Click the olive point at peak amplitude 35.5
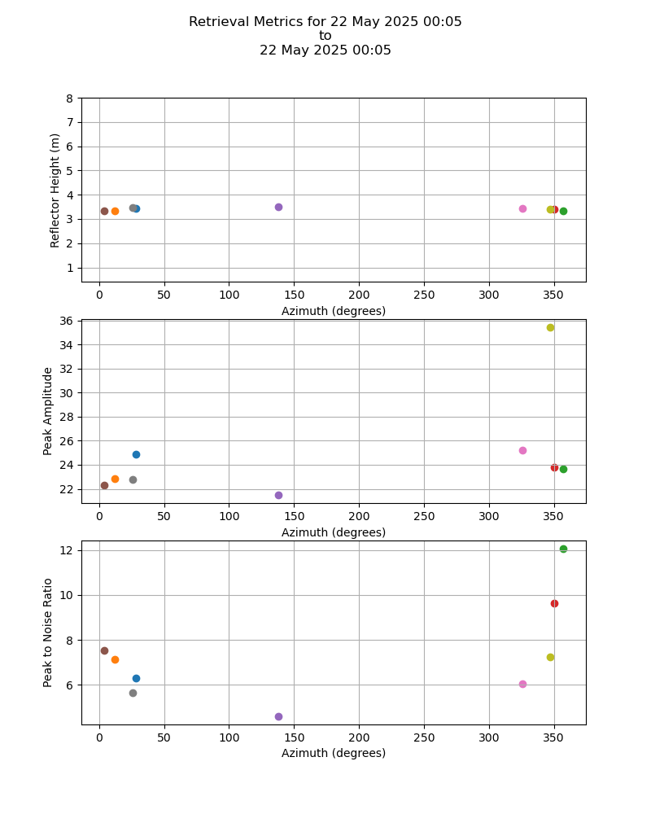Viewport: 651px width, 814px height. click(550, 327)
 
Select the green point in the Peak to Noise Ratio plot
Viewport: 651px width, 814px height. click(563, 549)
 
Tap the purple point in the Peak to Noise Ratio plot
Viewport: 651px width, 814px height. click(278, 716)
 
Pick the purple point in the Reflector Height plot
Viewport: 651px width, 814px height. click(278, 207)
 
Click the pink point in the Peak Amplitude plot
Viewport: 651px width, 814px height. click(522, 450)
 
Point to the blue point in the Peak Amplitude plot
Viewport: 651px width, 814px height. click(136, 454)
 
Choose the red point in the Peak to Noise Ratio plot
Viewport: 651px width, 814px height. click(554, 603)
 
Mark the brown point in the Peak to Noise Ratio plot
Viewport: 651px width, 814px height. click(104, 650)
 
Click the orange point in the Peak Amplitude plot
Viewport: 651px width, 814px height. click(115, 479)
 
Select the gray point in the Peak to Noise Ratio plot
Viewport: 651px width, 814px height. click(133, 693)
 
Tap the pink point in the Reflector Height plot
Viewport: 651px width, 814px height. click(522, 208)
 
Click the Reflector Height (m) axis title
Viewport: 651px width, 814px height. click(55, 190)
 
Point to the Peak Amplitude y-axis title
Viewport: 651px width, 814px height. click(48, 410)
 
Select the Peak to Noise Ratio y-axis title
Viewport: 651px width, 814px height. click(48, 632)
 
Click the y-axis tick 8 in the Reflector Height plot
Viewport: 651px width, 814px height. click(69, 98)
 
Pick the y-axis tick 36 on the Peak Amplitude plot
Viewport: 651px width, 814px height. click(66, 321)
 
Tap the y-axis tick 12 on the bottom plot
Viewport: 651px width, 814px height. click(66, 550)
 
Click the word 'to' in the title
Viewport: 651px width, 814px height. click(325, 36)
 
